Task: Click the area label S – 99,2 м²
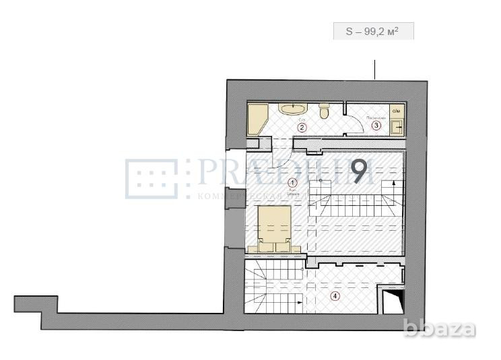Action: [x=373, y=31]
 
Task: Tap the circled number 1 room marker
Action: [x=292, y=182]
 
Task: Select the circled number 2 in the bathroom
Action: [x=302, y=127]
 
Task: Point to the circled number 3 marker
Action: [x=376, y=125]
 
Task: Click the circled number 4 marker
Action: [x=335, y=295]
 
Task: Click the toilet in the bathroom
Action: [x=324, y=111]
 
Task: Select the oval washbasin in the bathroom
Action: [x=292, y=109]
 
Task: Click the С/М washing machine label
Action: [x=397, y=110]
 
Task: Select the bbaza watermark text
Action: [x=450, y=329]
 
